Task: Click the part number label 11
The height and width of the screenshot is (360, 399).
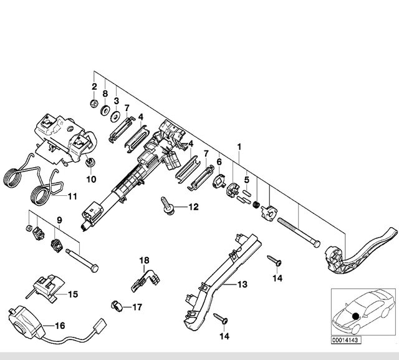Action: coord(72,196)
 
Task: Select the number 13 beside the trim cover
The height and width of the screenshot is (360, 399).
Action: coord(241,285)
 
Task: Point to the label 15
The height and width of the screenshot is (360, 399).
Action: coord(72,294)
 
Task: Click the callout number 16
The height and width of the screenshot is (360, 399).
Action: coord(60,325)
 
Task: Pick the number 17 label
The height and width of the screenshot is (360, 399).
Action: coord(137,307)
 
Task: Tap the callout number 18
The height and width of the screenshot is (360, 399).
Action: coord(144,260)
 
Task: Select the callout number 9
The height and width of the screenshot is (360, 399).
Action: coord(60,220)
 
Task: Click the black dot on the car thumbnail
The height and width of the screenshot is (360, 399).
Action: coord(355,316)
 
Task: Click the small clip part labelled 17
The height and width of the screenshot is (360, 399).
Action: coord(116,305)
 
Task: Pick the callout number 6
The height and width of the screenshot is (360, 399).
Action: coord(219,162)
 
